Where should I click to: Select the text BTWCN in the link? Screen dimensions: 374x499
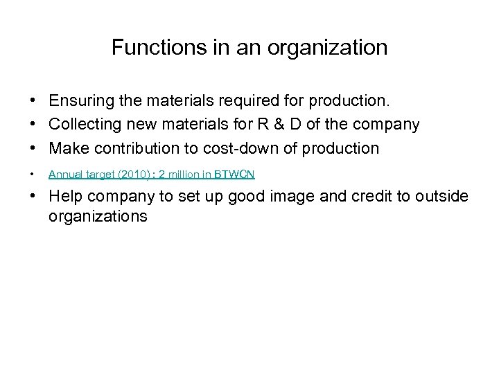click(235, 175)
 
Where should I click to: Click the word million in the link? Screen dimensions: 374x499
click(186, 175)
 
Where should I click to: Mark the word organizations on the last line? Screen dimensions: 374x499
click(98, 216)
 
